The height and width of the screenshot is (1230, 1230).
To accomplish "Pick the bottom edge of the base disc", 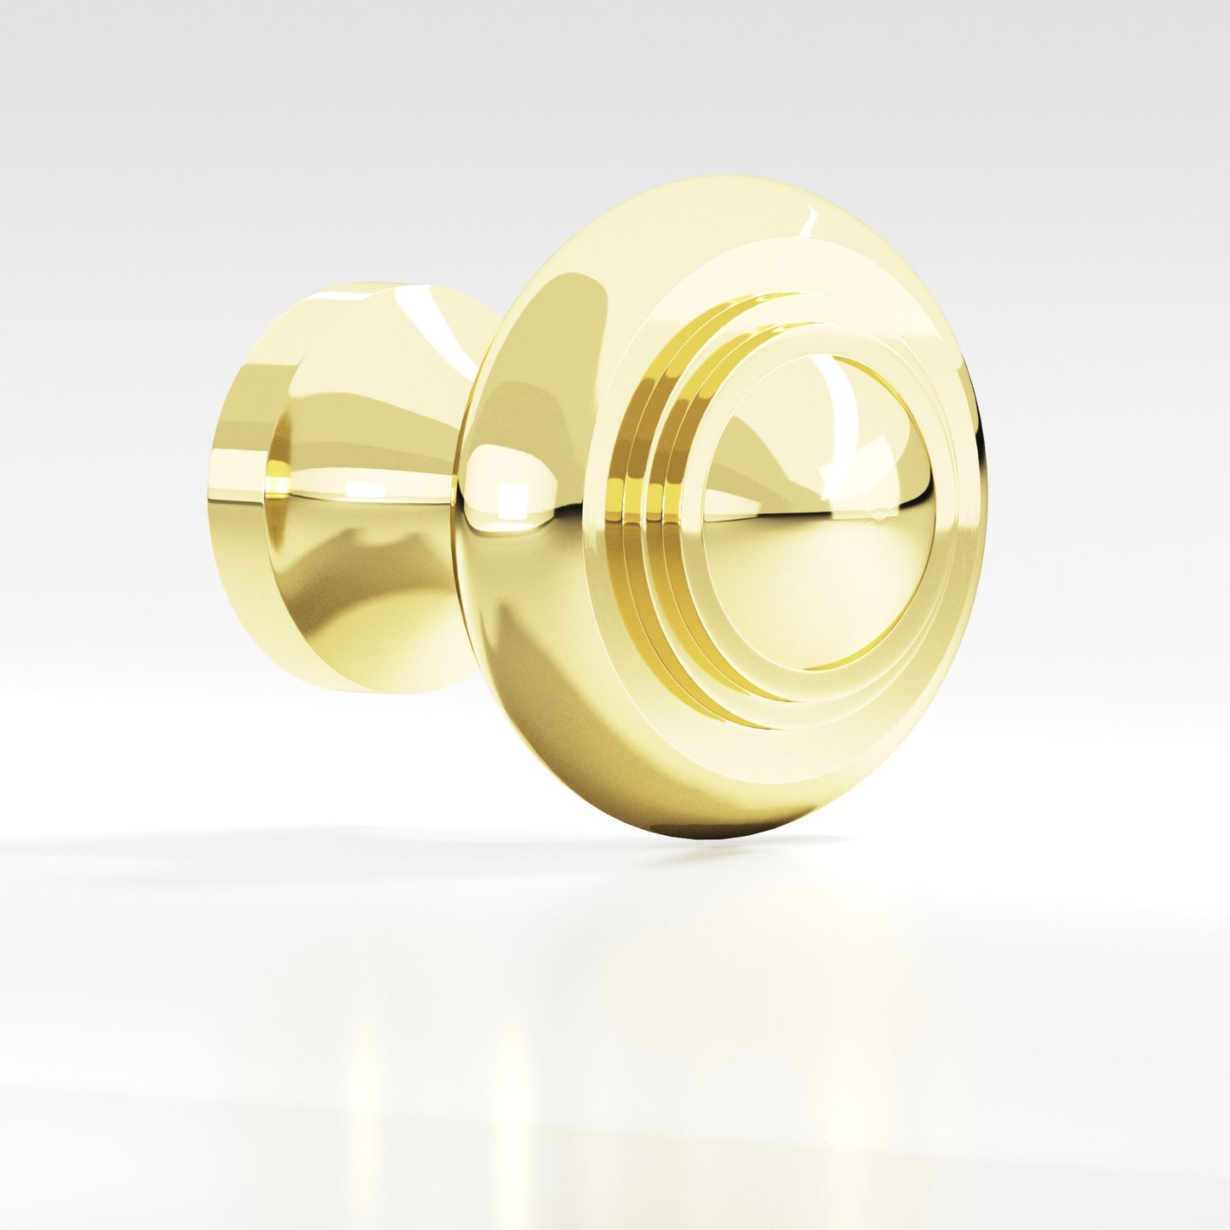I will [358, 688].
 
